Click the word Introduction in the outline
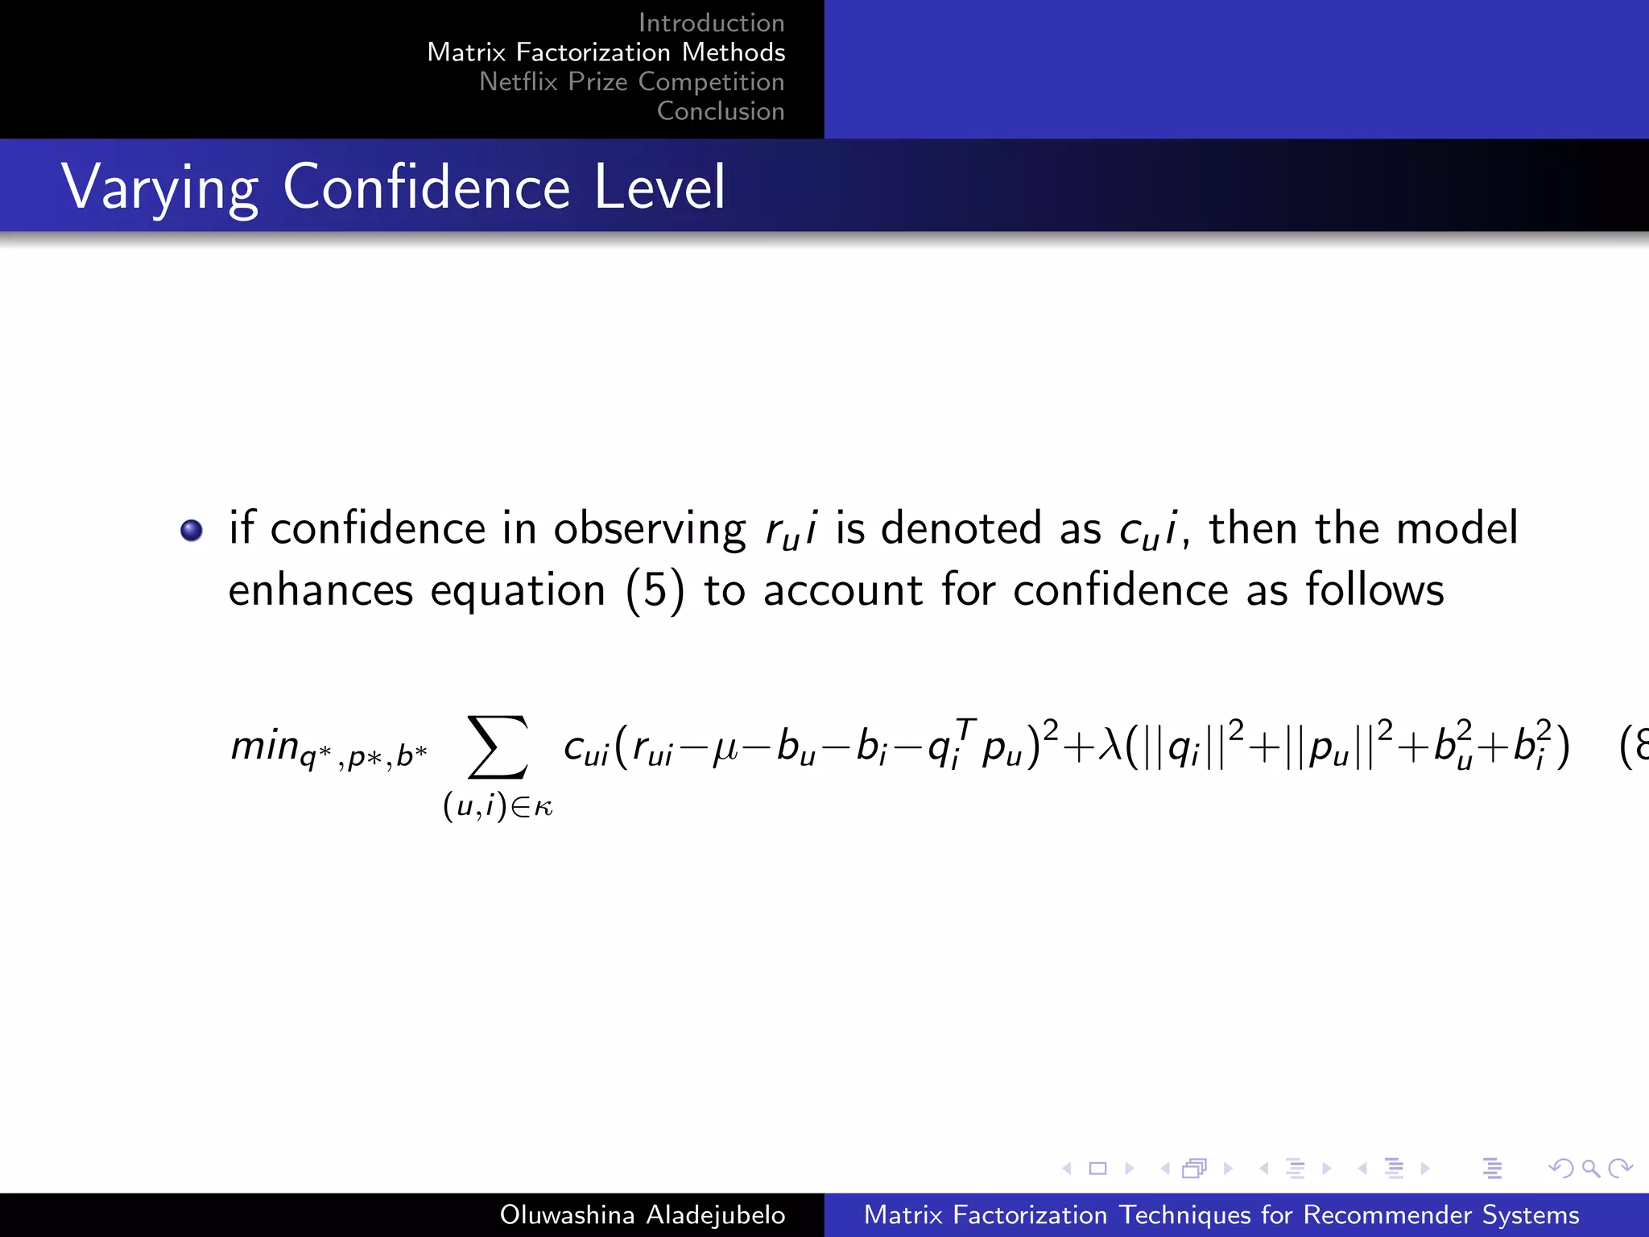[711, 23]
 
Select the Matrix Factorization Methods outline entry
[605, 52]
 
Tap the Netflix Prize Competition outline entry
[631, 81]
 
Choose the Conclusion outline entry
[721, 111]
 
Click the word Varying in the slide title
[159, 187]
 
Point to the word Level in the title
[659, 187]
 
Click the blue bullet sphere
[192, 531]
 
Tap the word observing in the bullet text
[649, 529]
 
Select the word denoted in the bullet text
[961, 529]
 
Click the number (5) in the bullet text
[655, 590]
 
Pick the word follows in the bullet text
[1374, 590]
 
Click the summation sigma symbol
[498, 747]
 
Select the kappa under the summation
[543, 807]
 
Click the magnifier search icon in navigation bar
[1590, 1169]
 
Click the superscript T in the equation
[966, 730]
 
